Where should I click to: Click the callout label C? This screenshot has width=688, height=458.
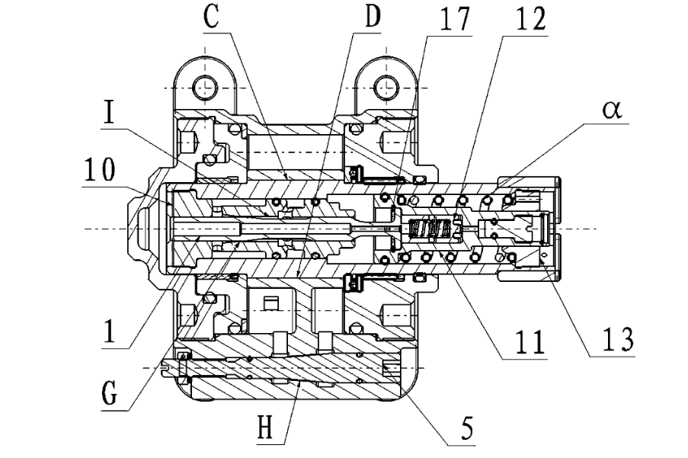tap(212, 17)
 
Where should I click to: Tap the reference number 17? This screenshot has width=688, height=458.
tap(455, 18)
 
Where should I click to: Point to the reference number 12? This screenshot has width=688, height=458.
tap(531, 18)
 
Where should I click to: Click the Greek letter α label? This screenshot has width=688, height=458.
tap(612, 109)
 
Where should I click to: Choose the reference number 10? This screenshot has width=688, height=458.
tap(100, 169)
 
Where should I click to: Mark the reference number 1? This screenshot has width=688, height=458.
tap(109, 331)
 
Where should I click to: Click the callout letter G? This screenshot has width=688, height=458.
tap(109, 393)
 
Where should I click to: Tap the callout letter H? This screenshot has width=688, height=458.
tap(265, 428)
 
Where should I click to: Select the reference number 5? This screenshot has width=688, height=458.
tap(468, 428)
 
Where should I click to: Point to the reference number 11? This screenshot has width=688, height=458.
tap(530, 341)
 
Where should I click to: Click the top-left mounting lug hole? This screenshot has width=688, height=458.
tap(205, 86)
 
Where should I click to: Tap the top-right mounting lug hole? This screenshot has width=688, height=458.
tap(386, 86)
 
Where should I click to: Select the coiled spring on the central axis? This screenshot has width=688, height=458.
tap(430, 229)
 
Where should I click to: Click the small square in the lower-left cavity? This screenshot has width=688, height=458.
tap(270, 303)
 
